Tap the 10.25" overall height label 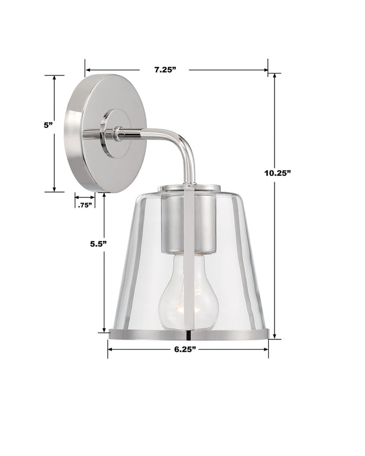click(x=277, y=173)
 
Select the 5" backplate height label click(x=49, y=125)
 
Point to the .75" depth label click(x=85, y=205)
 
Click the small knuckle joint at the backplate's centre click(x=118, y=133)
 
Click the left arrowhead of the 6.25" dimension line click(x=110, y=349)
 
